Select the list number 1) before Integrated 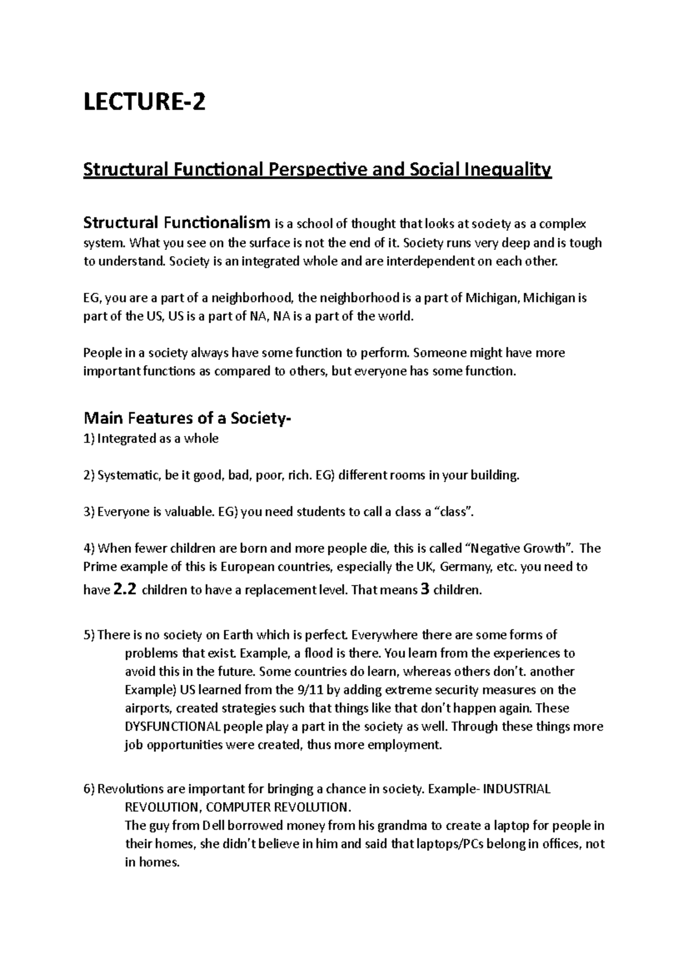pyautogui.click(x=89, y=439)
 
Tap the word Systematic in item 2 pyautogui.click(x=128, y=476)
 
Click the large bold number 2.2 pyautogui.click(x=125, y=590)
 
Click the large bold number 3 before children pyautogui.click(x=425, y=590)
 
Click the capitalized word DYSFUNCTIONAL pyautogui.click(x=173, y=727)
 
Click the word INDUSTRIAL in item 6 pyautogui.click(x=517, y=789)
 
